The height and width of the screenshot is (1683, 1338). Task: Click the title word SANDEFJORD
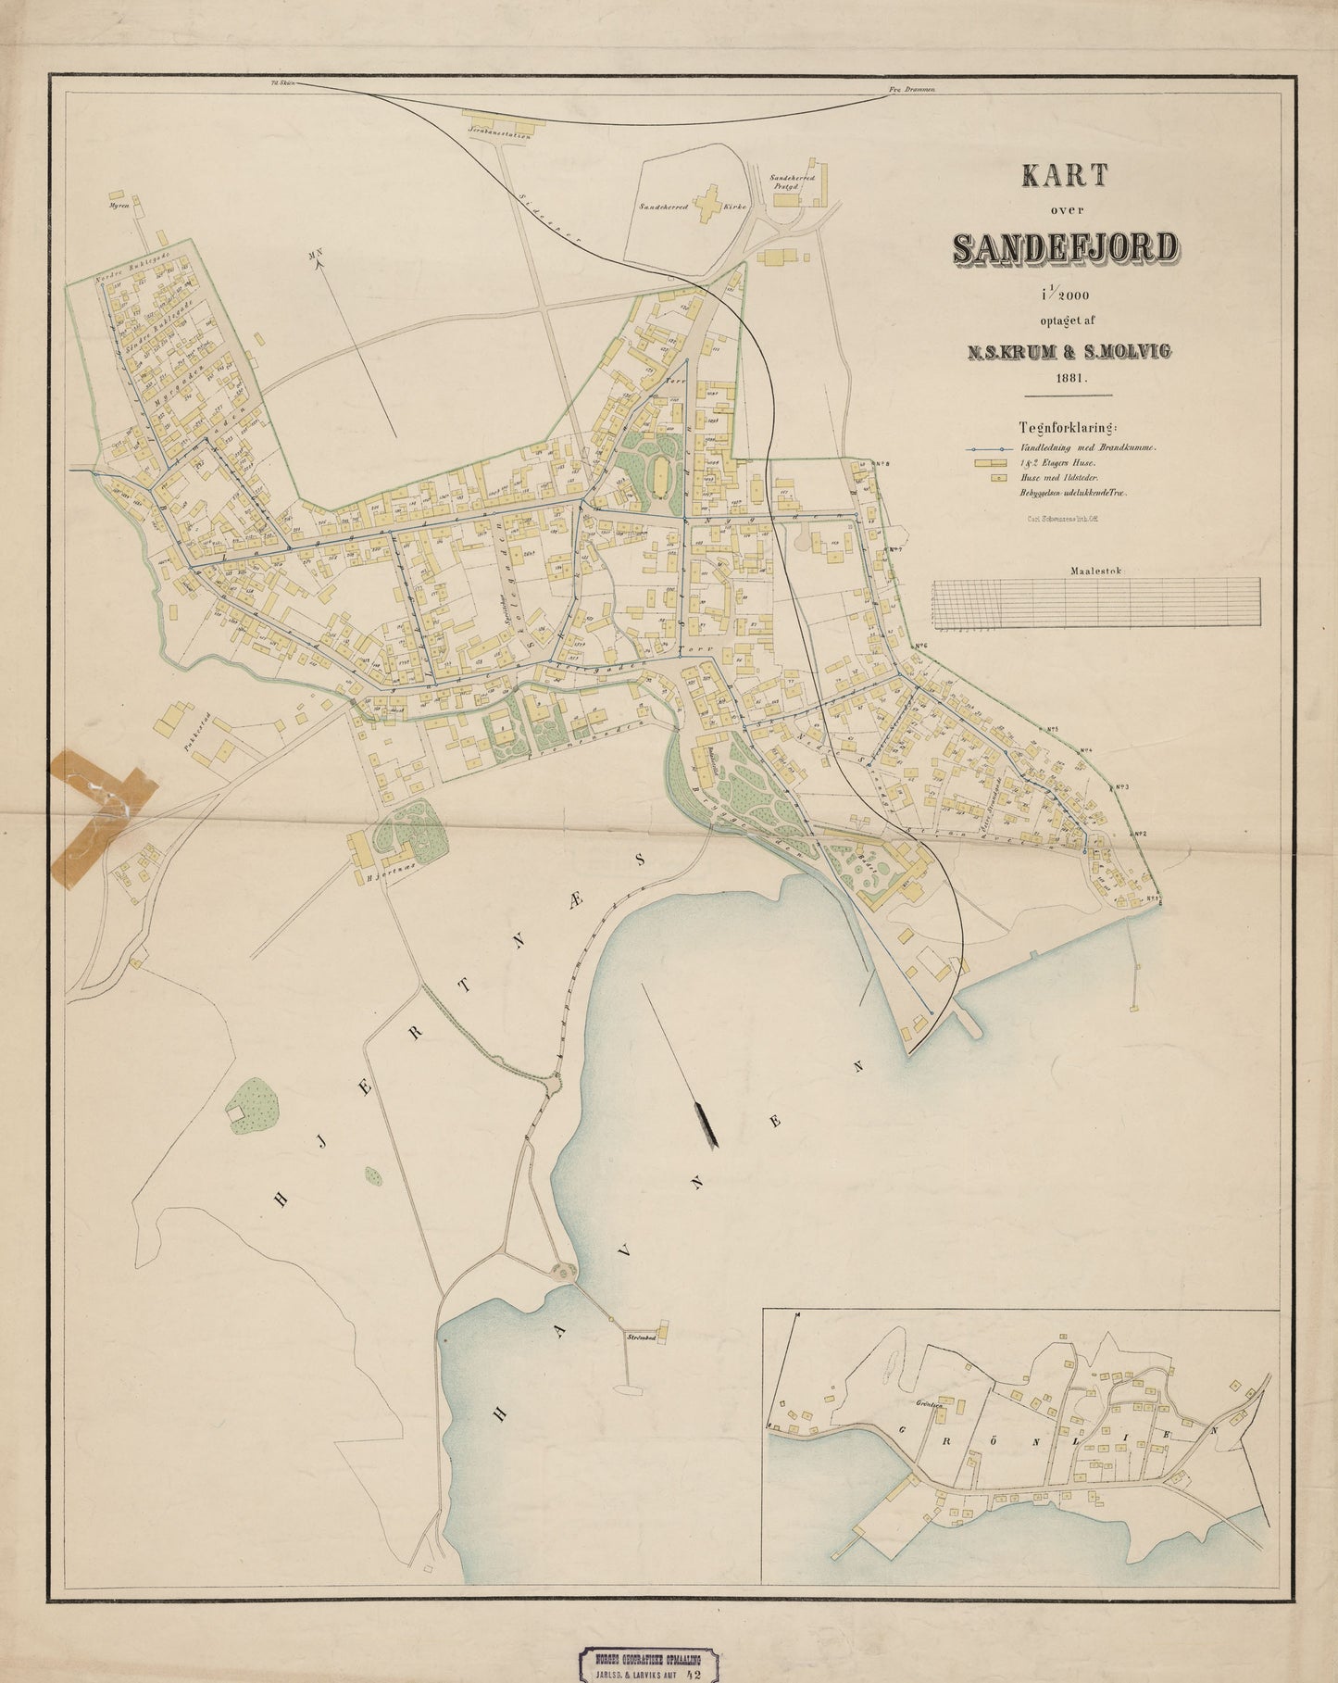[x=1065, y=247]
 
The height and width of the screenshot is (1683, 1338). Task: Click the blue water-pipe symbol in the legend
[x=986, y=446]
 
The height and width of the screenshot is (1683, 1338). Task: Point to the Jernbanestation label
[x=499, y=135]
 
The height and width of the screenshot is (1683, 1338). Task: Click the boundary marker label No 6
[x=919, y=646]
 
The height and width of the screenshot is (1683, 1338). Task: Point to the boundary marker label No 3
[x=1119, y=787]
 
